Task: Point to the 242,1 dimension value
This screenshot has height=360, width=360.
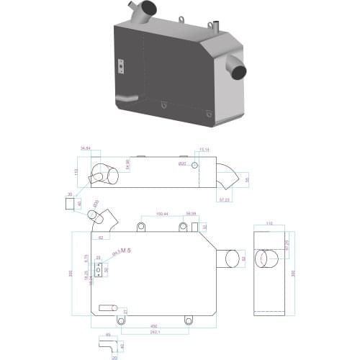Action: pyautogui.click(x=155, y=332)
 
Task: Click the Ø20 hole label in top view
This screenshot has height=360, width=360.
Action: pyautogui.click(x=182, y=163)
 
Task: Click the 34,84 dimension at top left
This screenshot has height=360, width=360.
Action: pyautogui.click(x=86, y=148)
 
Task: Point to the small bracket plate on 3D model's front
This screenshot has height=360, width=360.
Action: pyautogui.click(x=121, y=66)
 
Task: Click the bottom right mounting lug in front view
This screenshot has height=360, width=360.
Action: pyautogui.click(x=189, y=320)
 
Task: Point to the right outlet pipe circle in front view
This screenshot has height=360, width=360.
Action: pyautogui.click(x=233, y=257)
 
